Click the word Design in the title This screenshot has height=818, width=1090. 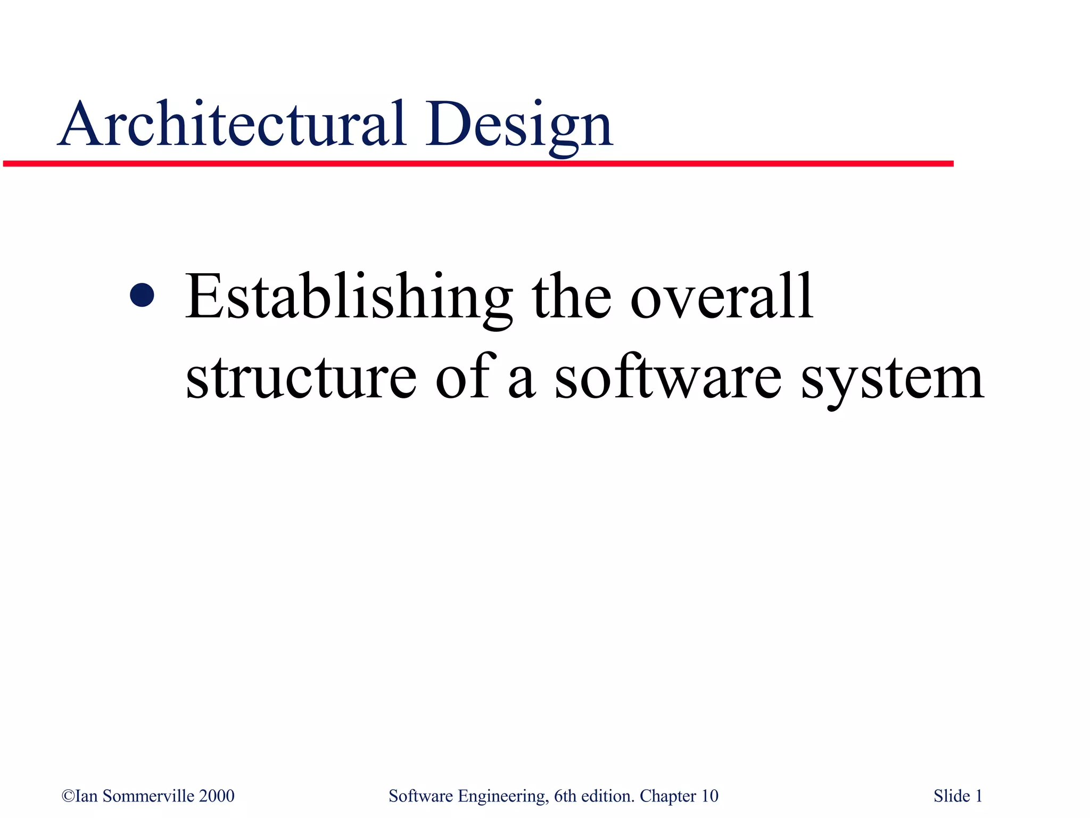[x=518, y=126]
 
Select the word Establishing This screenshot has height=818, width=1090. [x=349, y=297]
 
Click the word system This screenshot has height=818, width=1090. [x=893, y=379]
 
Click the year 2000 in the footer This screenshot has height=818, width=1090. [x=217, y=796]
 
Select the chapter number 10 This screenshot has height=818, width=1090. [x=709, y=796]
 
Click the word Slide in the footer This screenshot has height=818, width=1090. [x=952, y=796]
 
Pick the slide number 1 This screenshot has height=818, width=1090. [x=978, y=796]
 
